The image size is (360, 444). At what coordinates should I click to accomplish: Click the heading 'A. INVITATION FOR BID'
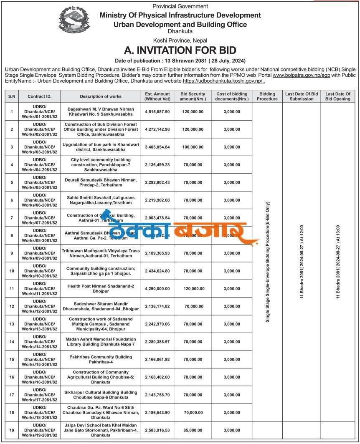tap(180, 50)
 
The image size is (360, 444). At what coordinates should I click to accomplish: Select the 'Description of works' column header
tap(101, 96)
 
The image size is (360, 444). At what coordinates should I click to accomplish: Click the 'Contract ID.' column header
tap(40, 96)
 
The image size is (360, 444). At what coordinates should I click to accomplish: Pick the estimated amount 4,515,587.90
tap(157, 112)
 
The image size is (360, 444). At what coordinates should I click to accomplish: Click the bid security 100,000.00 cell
tap(193, 147)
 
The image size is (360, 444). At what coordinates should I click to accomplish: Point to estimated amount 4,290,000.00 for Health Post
tap(157, 288)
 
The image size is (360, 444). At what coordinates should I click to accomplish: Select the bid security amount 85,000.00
tap(193, 429)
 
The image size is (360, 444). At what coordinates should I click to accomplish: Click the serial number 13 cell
tap(12, 324)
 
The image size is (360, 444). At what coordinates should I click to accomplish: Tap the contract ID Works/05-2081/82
tap(40, 182)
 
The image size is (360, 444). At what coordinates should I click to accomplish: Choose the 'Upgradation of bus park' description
tap(101, 147)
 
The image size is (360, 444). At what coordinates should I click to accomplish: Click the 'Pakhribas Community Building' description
tap(101, 359)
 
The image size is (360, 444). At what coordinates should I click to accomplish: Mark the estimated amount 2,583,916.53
tap(157, 429)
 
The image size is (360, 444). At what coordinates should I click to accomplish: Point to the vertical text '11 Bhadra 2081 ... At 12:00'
tap(302, 262)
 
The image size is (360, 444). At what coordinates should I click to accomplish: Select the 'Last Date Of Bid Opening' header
tap(338, 96)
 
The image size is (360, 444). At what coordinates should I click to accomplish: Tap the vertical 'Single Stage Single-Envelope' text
tap(267, 262)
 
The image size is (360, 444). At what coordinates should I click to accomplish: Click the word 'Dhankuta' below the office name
tap(180, 31)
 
